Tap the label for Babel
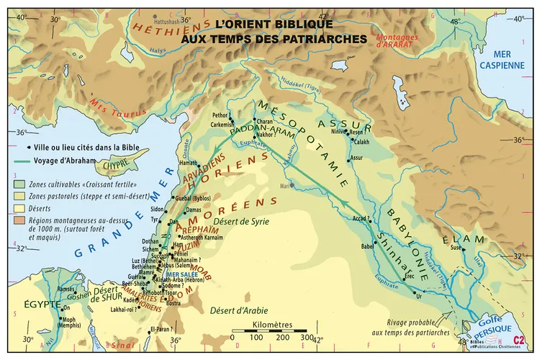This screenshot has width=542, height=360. pyautogui.click(x=369, y=246)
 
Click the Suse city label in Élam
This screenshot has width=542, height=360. pyautogui.click(x=455, y=248)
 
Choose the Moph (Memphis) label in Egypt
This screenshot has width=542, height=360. pyautogui.click(x=68, y=323)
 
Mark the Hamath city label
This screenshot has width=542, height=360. pyautogui.click(x=187, y=163)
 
